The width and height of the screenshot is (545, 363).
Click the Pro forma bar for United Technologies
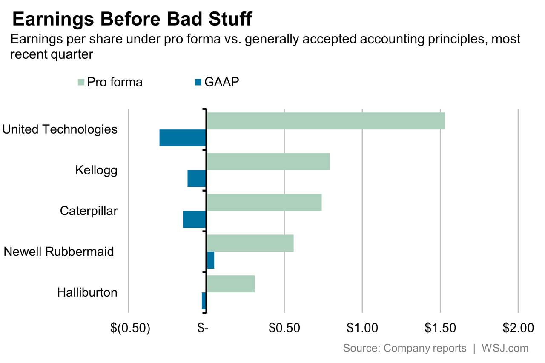(x=326, y=121)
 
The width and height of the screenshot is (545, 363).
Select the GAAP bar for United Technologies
(x=183, y=138)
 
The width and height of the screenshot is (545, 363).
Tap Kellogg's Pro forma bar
(x=268, y=162)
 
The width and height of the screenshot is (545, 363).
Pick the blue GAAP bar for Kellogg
(x=197, y=178)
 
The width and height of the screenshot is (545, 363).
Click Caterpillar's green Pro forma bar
(x=264, y=203)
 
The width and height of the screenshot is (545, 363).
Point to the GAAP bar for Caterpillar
(x=195, y=219)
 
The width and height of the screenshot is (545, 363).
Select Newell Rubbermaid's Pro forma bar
(x=250, y=243)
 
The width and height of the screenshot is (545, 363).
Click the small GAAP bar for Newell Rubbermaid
(x=211, y=260)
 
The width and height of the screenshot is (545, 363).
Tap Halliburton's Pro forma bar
(x=231, y=284)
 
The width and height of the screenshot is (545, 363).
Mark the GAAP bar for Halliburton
(x=204, y=301)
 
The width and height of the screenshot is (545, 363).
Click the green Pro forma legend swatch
(x=81, y=82)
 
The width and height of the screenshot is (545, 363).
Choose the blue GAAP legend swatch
(x=198, y=82)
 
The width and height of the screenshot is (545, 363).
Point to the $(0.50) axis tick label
(x=130, y=328)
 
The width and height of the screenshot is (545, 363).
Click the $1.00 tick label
(x=362, y=328)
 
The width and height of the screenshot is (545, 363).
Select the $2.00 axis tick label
(x=518, y=328)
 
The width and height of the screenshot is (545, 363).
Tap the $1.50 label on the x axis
(x=440, y=328)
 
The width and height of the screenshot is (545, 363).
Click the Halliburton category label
(x=87, y=292)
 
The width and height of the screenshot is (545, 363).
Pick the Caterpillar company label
(x=89, y=211)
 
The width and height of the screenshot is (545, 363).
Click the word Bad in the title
(x=185, y=19)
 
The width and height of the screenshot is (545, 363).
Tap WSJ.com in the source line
(x=505, y=348)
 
